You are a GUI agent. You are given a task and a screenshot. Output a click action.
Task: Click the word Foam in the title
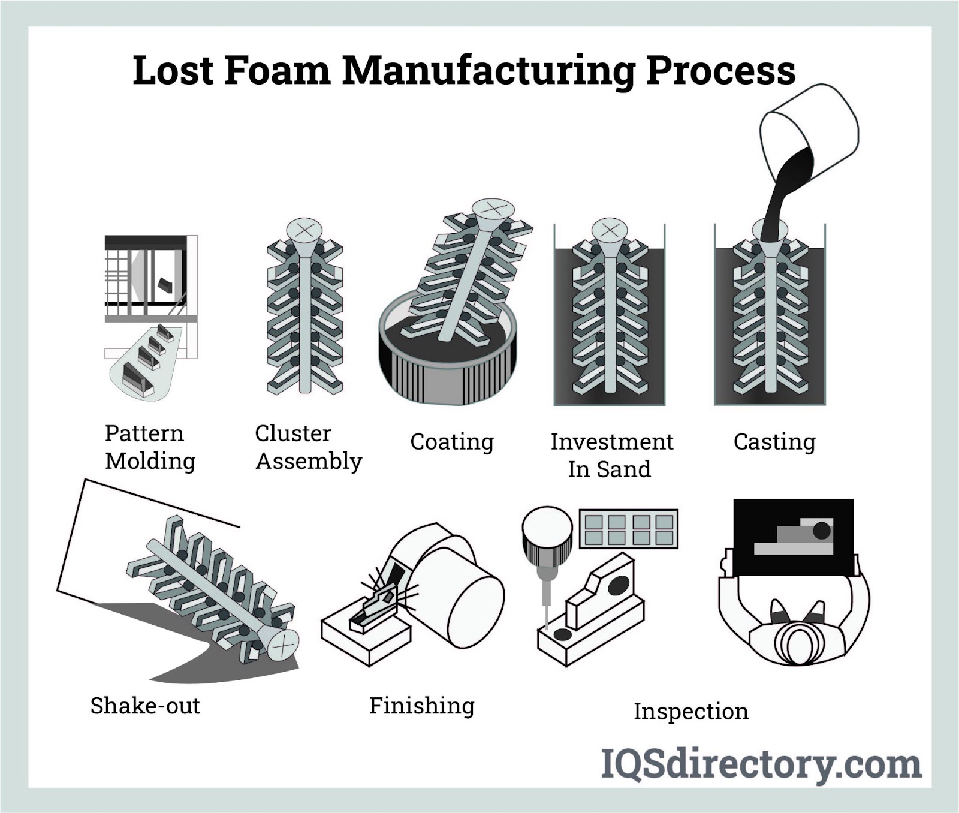[x=277, y=71]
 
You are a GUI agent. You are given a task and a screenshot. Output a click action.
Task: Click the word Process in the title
[x=720, y=71]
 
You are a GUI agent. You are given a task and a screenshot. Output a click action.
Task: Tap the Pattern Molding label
[x=150, y=447]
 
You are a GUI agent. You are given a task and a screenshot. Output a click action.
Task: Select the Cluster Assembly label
[x=309, y=447]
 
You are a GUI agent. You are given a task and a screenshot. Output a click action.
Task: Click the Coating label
[x=452, y=442]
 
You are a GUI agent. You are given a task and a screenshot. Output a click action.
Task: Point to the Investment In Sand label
[x=611, y=455]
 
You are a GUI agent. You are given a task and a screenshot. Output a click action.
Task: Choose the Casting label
[x=774, y=442]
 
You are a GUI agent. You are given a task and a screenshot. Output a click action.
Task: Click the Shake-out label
[x=145, y=706]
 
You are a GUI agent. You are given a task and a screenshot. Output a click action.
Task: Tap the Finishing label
[x=421, y=706]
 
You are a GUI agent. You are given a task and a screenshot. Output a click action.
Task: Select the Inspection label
[x=691, y=712]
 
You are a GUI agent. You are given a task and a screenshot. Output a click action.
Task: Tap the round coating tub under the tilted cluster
[x=447, y=366]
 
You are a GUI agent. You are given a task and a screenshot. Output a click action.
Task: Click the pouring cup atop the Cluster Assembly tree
[x=304, y=231]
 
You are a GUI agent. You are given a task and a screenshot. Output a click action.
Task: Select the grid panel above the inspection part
[x=629, y=528]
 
